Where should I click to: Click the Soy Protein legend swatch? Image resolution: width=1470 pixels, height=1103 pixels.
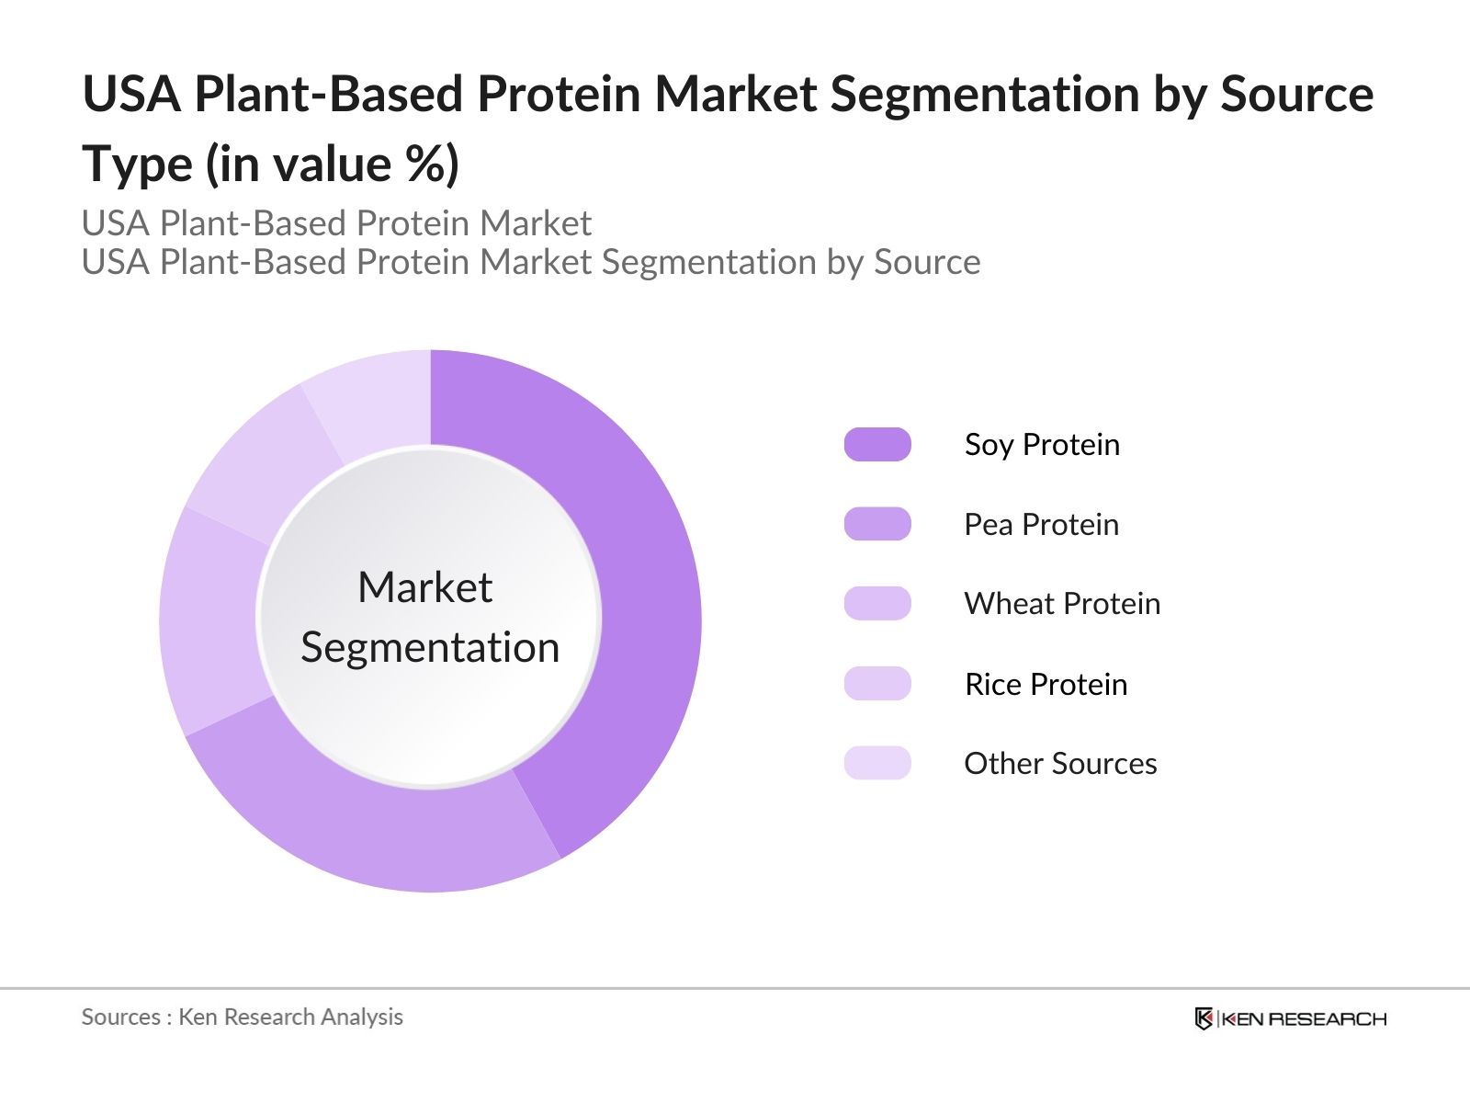tap(877, 444)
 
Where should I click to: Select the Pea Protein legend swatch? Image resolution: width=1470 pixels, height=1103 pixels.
tap(877, 524)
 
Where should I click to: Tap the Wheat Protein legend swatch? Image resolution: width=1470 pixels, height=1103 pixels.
tap(877, 604)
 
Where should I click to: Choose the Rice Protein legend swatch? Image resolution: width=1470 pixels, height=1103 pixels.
tap(877, 684)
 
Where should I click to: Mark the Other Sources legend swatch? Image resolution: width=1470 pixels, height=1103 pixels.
tap(877, 763)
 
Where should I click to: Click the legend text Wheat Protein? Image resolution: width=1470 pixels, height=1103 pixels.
tap(1062, 604)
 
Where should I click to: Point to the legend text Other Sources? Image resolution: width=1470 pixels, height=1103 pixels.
tap(1060, 763)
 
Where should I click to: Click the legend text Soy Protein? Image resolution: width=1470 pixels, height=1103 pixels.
tap(1042, 444)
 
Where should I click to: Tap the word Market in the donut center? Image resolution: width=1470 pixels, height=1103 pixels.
tap(424, 586)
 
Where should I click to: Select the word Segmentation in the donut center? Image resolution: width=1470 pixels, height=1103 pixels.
tap(430, 647)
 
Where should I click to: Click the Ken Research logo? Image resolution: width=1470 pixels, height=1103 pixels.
tap(1290, 1018)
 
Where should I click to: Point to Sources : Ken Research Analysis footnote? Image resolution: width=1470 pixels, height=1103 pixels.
tap(242, 1017)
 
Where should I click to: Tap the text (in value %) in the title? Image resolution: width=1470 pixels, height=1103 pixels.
tap(332, 165)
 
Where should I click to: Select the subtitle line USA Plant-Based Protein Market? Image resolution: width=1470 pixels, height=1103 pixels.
tap(336, 223)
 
